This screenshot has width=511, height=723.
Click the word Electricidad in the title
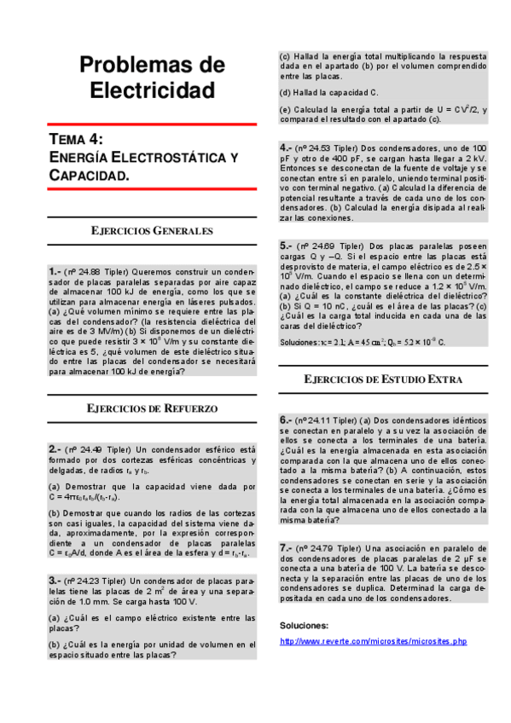click(x=153, y=89)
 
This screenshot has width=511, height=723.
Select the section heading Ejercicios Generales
click(x=153, y=231)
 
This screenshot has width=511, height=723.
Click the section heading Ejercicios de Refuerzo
click(x=153, y=408)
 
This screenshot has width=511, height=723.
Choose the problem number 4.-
click(x=287, y=147)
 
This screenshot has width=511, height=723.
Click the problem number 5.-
click(x=287, y=245)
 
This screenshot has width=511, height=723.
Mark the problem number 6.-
click(x=287, y=420)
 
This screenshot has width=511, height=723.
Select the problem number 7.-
click(x=287, y=547)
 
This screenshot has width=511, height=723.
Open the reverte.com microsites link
click(x=374, y=640)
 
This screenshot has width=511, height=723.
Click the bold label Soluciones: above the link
click(x=305, y=625)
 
